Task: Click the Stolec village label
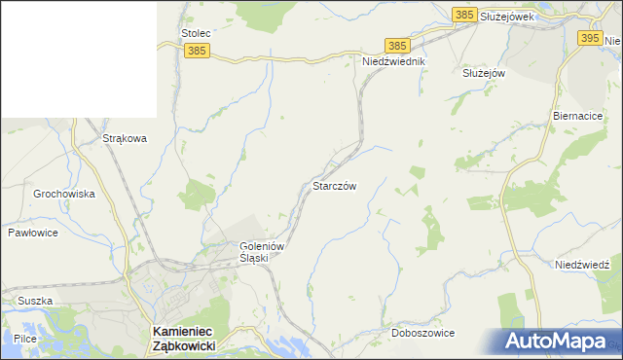click(x=196, y=33)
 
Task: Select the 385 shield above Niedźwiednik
click(x=396, y=46)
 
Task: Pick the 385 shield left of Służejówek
click(x=464, y=14)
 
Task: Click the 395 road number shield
click(x=589, y=37)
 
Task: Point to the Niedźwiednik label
click(x=394, y=60)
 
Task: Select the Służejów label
click(x=484, y=73)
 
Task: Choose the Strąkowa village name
click(x=125, y=138)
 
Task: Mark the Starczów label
click(x=335, y=186)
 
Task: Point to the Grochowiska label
click(x=64, y=194)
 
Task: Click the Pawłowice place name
click(x=34, y=234)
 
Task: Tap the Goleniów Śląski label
click(x=261, y=253)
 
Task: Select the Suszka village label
click(x=33, y=301)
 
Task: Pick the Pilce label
click(x=25, y=339)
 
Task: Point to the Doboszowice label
click(x=422, y=333)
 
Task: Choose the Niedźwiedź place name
click(x=582, y=265)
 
